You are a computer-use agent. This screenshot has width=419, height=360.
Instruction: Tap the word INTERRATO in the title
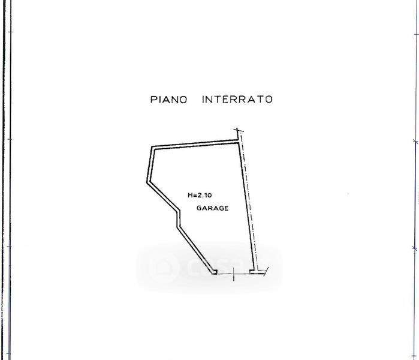(x=237, y=100)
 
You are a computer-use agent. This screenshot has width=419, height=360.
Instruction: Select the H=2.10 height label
(x=200, y=194)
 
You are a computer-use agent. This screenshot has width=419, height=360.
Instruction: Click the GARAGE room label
(x=212, y=208)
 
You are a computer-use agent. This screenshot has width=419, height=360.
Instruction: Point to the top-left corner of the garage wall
(x=151, y=148)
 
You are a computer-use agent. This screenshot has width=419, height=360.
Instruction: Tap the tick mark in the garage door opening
(x=234, y=275)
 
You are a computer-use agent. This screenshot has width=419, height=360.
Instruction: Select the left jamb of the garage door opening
(x=214, y=272)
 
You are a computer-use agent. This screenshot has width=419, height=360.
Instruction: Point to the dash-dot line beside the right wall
(x=251, y=204)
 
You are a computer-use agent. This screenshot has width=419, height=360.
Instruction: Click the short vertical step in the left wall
(x=178, y=220)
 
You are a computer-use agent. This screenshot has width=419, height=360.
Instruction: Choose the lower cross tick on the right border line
(x=415, y=247)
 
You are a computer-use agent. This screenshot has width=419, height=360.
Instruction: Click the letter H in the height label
(x=189, y=194)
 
